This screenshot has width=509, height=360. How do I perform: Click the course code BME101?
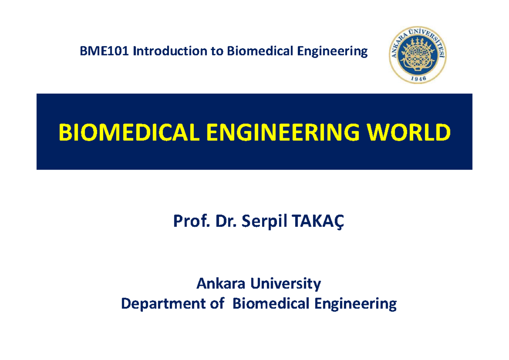pyautogui.click(x=104, y=52)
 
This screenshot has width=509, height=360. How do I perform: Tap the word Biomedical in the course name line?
pyautogui.click(x=255, y=52)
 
